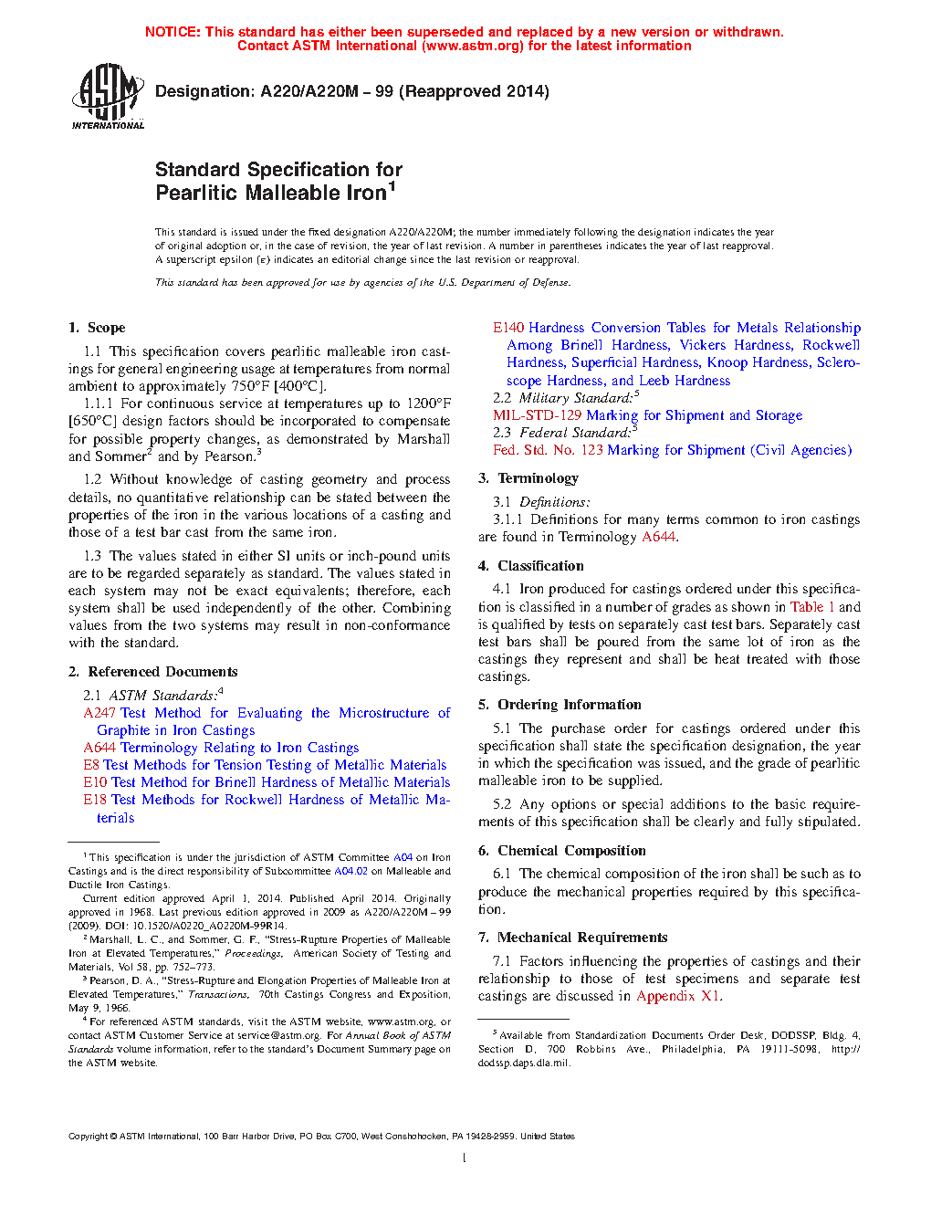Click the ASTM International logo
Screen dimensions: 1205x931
pos(107,96)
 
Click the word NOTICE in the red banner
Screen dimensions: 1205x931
pos(173,32)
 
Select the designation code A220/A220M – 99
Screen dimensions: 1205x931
pos(327,91)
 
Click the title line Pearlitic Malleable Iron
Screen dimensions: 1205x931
pos(271,193)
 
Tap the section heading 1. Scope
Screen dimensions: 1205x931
pos(97,328)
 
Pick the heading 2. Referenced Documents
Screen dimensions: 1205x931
pos(152,672)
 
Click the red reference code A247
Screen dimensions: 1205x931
pos(99,713)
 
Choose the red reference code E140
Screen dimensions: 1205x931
pos(508,328)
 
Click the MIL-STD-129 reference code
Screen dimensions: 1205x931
pos(537,415)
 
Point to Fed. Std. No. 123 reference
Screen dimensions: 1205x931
pos(548,450)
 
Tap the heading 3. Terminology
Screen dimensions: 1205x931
pos(528,478)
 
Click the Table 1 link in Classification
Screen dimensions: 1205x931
pos(812,607)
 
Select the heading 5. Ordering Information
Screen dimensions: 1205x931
pos(560,705)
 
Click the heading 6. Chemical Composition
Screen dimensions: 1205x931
pos(562,851)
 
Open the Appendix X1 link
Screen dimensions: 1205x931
pos(678,996)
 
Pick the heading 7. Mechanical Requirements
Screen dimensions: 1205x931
pos(572,938)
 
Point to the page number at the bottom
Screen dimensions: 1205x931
pos(465,1158)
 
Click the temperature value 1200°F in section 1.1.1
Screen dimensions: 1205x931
pos(429,403)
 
